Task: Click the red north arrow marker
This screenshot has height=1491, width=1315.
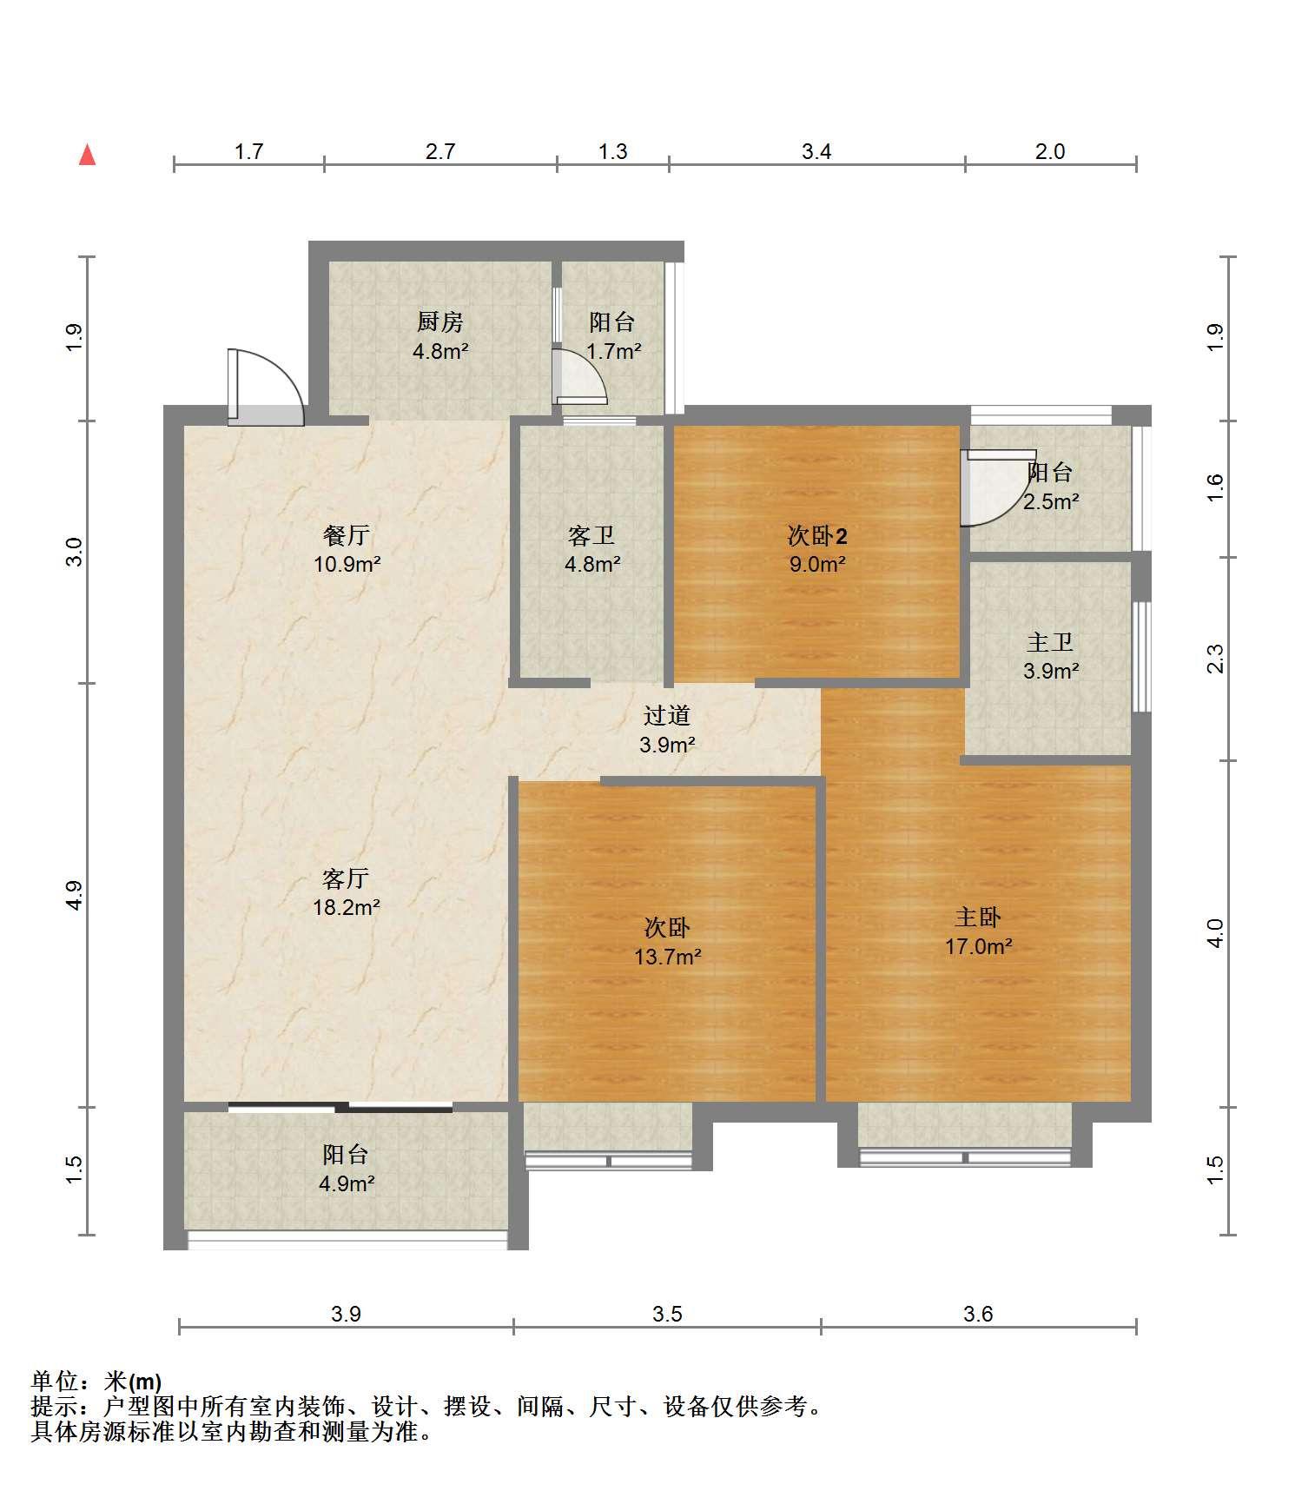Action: point(87,155)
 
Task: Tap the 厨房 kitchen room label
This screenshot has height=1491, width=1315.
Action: point(440,322)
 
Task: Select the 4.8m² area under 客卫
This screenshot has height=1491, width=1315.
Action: point(592,564)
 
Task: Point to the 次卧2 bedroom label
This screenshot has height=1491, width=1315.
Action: point(817,536)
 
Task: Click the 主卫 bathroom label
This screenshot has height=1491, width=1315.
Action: point(1050,643)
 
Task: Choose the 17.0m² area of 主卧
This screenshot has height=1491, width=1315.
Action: point(979,946)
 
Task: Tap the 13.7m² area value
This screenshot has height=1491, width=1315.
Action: point(668,957)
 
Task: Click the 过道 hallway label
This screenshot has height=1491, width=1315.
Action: point(667,715)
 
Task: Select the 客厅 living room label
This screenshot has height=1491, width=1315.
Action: point(346,878)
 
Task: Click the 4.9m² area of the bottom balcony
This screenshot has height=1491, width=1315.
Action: point(347,1183)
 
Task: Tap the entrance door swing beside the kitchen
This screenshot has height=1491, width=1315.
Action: point(266,388)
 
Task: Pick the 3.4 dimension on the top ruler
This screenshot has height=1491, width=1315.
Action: point(816,152)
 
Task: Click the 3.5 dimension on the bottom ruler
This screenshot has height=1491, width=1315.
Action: point(667,1315)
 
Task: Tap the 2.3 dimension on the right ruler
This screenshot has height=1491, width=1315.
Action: point(1215,658)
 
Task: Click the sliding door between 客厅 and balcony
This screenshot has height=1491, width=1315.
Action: point(340,1108)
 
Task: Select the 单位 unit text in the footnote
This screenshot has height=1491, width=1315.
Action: point(54,1382)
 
